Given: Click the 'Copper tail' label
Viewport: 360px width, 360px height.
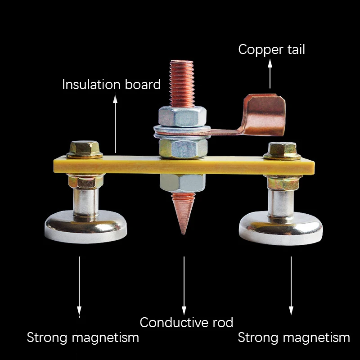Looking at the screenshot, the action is (271, 49).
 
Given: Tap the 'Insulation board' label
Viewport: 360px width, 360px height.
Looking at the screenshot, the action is (111, 85).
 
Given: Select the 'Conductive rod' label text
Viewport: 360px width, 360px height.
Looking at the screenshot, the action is (186, 322).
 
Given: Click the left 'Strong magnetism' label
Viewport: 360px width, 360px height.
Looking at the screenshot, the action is (83, 337).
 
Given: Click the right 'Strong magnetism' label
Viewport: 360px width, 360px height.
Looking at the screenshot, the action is (293, 337).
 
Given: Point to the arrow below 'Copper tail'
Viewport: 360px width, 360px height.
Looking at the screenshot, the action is (270, 74).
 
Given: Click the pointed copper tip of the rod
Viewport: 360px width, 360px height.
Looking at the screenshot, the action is (182, 214).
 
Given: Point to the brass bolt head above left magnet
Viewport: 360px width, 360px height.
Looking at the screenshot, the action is (85, 149).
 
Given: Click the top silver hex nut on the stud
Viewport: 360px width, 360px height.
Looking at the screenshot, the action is (182, 116).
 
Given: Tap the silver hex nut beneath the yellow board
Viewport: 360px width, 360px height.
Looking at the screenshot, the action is (183, 183).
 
